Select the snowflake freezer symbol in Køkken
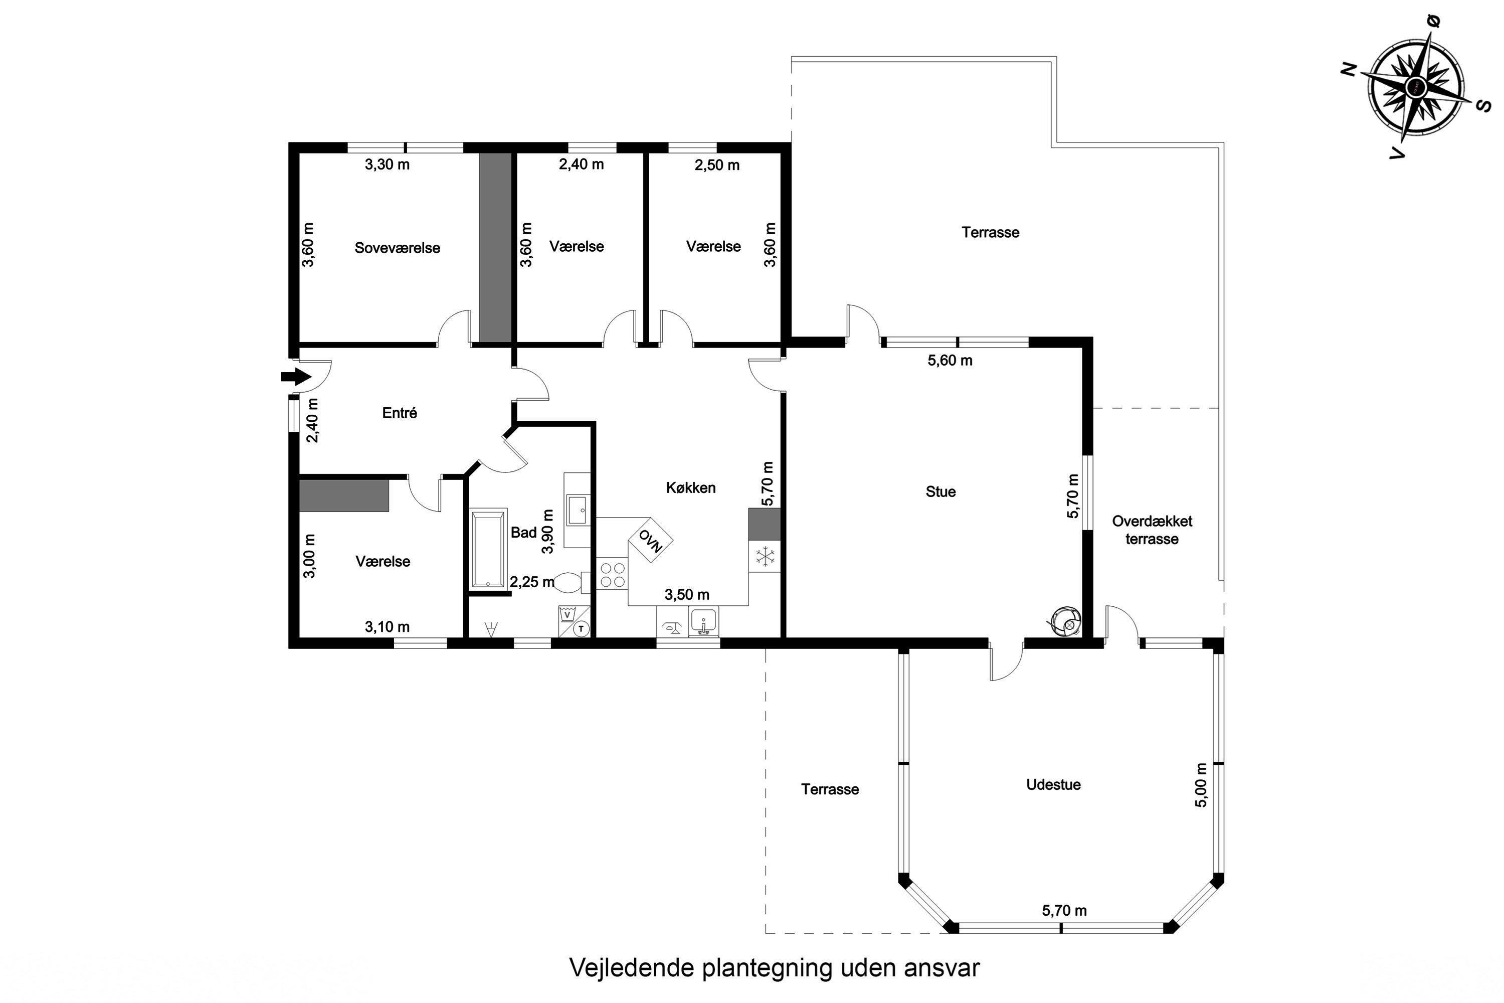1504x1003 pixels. pos(765,557)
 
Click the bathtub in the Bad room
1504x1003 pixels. pos(488,548)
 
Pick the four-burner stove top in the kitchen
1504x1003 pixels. pos(612,574)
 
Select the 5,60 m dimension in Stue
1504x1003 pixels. pos(950,361)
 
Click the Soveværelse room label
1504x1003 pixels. pos(397,248)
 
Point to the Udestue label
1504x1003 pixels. pos(1053,785)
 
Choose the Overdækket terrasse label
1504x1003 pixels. pos(1152,530)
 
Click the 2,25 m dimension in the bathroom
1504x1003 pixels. pos(531,582)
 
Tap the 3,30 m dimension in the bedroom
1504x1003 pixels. pos(387,164)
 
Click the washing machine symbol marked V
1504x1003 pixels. pos(567,615)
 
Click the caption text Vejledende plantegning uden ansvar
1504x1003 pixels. pos(774,968)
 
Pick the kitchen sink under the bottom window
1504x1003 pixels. pos(703,622)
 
